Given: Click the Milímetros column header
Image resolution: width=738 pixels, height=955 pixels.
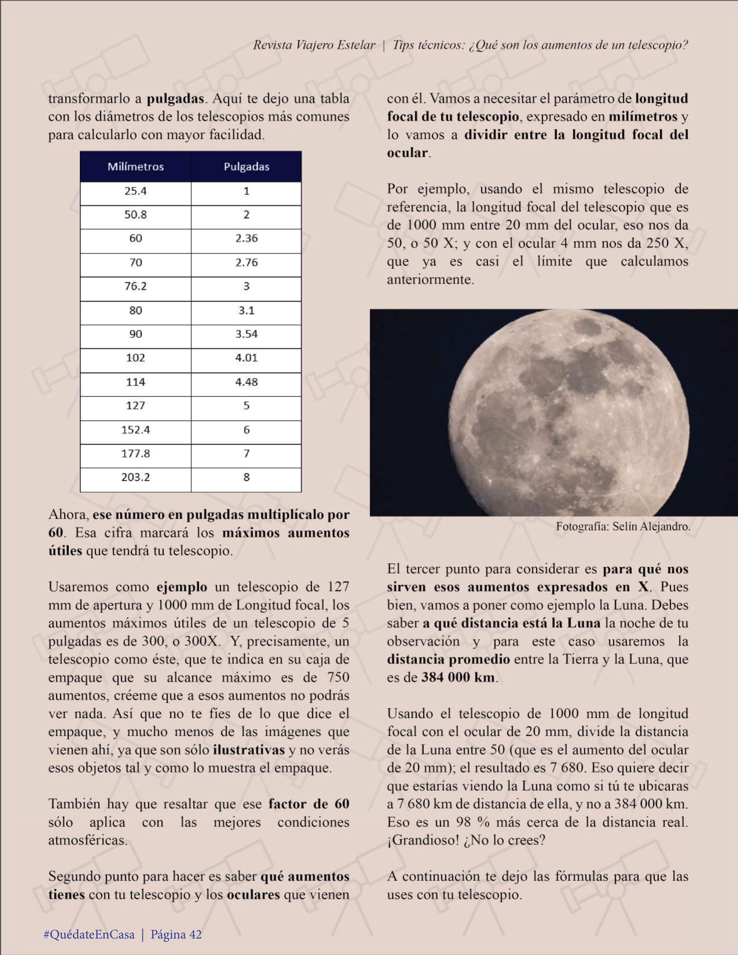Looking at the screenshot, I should (136, 167).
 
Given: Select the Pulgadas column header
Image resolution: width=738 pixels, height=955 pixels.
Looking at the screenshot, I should (246, 167).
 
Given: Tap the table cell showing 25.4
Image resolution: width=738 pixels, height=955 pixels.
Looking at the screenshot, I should (136, 191).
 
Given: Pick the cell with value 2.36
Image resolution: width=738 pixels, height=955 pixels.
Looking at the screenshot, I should (246, 238).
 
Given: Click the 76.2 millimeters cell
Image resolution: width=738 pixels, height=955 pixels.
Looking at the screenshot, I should (136, 286).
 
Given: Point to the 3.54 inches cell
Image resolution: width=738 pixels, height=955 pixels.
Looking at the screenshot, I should (246, 334).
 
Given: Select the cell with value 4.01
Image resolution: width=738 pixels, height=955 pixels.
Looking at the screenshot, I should (246, 358).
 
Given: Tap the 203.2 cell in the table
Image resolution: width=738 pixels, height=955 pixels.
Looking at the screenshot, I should (136, 477).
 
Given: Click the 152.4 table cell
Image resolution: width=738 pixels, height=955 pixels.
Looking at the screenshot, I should (136, 430).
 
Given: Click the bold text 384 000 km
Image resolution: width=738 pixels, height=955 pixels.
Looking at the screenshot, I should (458, 677).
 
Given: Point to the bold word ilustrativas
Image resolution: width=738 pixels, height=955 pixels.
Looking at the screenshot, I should (249, 750).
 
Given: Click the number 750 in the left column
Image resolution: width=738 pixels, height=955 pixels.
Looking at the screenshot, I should (338, 677).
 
